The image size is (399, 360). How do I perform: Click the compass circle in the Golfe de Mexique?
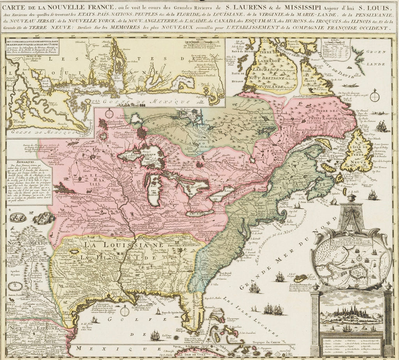point(125,311)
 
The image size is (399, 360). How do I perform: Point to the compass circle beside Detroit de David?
point(374,95)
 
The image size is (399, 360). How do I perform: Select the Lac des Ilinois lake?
point(155,190)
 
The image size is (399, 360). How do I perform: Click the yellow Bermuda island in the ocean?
point(300,278)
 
